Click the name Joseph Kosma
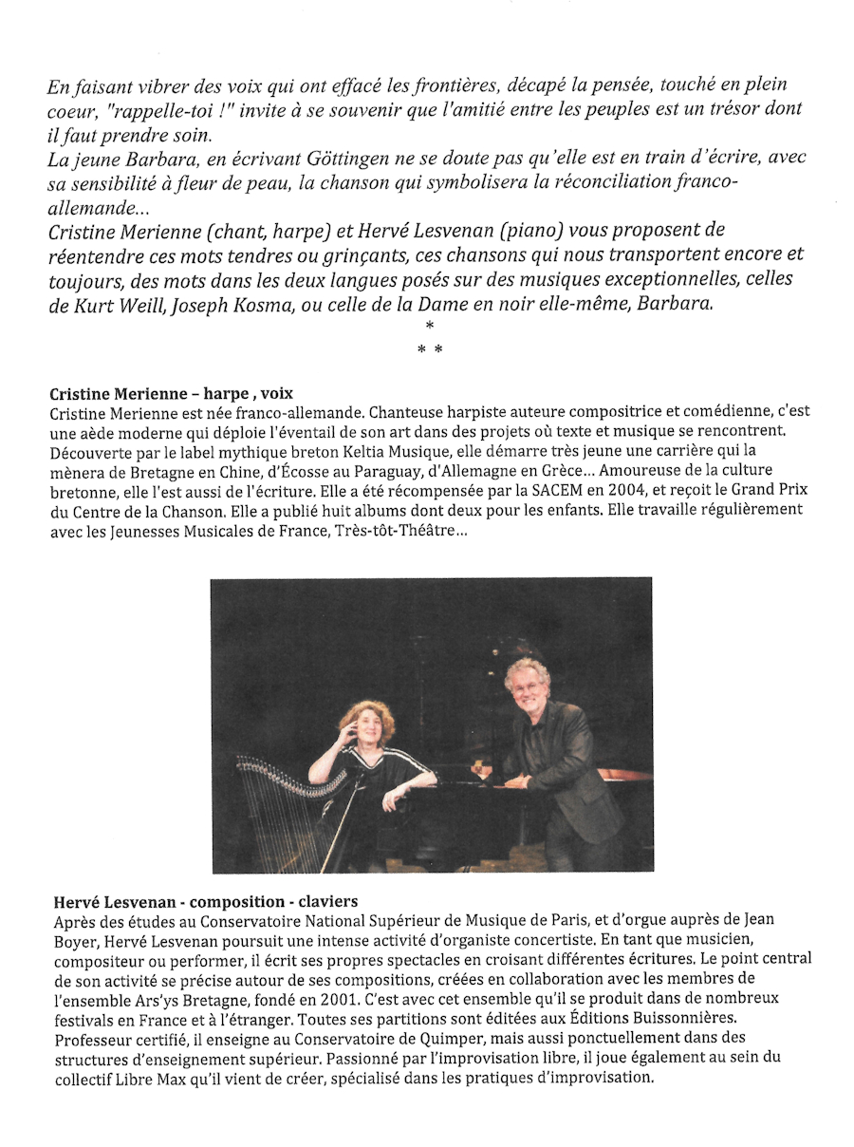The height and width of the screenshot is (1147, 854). point(251,304)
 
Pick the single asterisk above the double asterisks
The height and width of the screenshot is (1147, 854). point(430,327)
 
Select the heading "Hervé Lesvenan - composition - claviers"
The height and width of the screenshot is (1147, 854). point(203,900)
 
